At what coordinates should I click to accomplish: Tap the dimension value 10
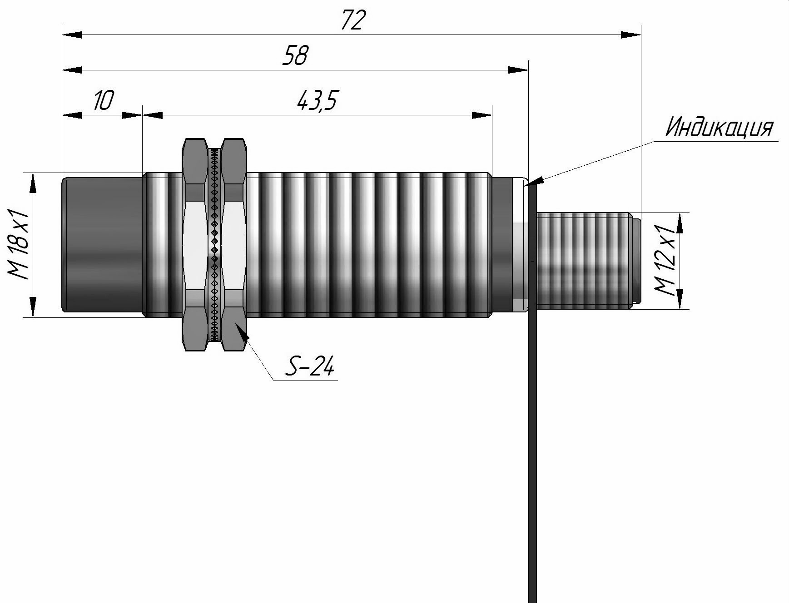point(103,100)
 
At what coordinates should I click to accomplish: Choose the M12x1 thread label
point(666,261)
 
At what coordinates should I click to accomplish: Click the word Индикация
point(719,128)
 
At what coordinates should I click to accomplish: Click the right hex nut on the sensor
point(234,245)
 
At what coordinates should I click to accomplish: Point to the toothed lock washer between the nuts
point(214,245)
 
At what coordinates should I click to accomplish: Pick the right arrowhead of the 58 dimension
point(518,70)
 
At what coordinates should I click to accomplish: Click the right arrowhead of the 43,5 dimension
point(481,115)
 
